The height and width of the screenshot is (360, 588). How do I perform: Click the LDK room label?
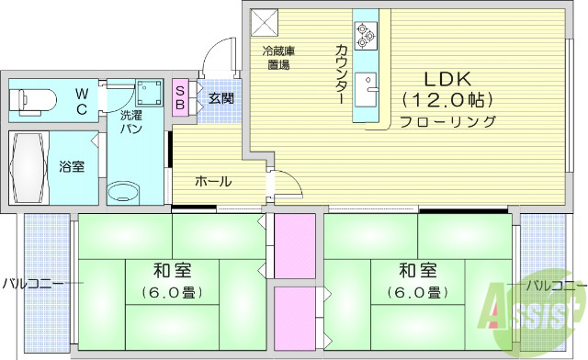447,78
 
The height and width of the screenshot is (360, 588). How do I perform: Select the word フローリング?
447,121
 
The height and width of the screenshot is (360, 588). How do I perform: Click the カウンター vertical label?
341,72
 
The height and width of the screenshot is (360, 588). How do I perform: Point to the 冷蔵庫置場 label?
278,58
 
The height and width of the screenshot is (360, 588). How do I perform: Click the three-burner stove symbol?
365,34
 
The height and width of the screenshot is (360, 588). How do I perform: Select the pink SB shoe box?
180,98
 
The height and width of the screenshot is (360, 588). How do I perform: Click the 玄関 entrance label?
220,98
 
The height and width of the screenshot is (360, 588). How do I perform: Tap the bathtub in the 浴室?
29,167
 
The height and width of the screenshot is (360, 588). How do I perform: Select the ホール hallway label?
212,181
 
